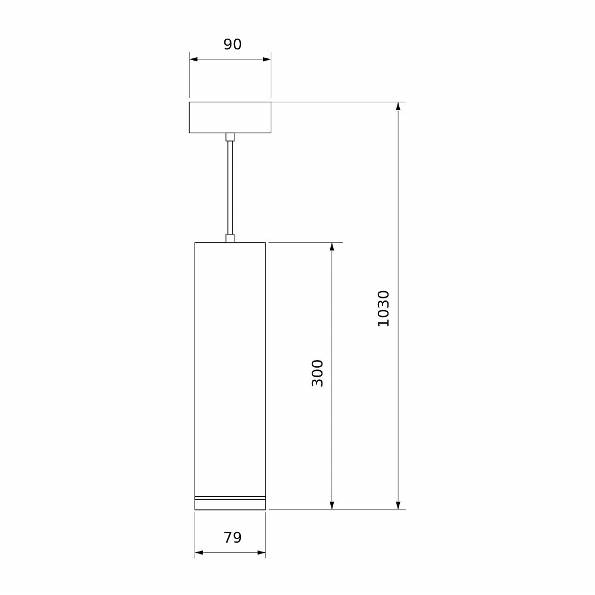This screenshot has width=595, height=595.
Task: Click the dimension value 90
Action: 232,45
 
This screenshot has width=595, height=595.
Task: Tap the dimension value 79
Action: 232,537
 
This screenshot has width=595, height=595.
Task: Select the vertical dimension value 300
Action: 317,374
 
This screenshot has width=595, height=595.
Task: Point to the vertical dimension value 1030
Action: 383,308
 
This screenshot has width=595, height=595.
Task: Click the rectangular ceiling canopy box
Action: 230,117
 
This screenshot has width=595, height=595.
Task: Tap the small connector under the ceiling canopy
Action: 230,137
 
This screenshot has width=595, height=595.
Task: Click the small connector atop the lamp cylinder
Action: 230,239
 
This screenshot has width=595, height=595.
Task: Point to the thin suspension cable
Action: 230,188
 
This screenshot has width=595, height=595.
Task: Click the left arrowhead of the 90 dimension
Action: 193,59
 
